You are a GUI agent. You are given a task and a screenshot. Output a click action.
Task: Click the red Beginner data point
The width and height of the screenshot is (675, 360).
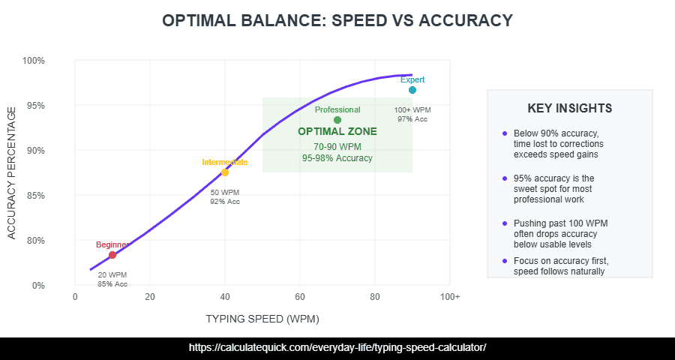[x=112, y=255]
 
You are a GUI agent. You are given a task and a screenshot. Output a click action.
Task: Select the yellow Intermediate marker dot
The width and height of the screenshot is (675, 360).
[x=225, y=172]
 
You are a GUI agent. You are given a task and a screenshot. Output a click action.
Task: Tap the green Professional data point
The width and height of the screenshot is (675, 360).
[x=337, y=120]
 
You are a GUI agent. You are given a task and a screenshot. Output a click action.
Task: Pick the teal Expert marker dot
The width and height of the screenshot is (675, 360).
[x=412, y=90]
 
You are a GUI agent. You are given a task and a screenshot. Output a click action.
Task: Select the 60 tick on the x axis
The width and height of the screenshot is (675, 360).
[x=300, y=297]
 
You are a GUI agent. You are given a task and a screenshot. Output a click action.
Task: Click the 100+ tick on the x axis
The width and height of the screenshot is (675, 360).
[x=449, y=297]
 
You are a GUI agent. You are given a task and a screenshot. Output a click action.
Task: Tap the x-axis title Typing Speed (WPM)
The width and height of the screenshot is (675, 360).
[x=262, y=319]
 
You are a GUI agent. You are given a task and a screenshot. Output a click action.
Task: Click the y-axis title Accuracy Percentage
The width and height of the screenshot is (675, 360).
[x=11, y=173]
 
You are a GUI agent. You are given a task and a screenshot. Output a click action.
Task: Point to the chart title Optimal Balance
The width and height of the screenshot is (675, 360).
[x=337, y=21]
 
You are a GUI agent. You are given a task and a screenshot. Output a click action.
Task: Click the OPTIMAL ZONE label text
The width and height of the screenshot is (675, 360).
[x=337, y=131]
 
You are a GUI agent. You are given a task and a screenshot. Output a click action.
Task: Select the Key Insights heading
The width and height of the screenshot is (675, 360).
[x=570, y=109]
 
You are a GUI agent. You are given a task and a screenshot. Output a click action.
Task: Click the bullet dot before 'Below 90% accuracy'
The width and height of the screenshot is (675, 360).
[x=505, y=133]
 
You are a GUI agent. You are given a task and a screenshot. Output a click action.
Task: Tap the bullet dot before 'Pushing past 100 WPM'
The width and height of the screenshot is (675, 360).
[x=505, y=223]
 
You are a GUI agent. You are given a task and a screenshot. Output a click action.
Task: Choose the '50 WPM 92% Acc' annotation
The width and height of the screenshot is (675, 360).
[x=225, y=196]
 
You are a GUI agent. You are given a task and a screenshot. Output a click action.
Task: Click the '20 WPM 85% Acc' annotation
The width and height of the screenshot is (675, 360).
[x=112, y=279]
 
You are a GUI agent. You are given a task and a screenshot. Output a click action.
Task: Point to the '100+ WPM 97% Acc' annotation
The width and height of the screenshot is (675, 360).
[x=412, y=114]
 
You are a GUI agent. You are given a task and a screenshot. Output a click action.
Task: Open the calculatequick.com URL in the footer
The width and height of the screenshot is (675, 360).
[x=337, y=348]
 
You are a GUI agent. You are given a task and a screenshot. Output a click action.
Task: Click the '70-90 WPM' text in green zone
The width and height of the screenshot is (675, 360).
[x=337, y=146]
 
